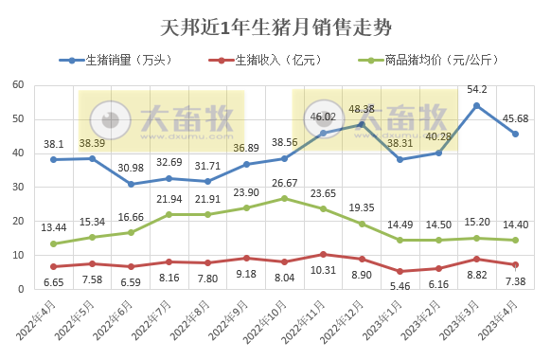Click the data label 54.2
[x=476, y=89]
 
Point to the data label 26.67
[x=284, y=183]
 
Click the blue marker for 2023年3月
[x=476, y=105]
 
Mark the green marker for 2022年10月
[x=284, y=198]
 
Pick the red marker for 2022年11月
[x=323, y=254]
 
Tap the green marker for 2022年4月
[x=54, y=243]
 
